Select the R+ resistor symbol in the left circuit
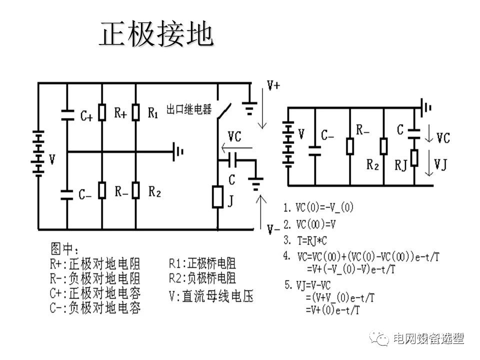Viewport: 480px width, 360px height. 101,113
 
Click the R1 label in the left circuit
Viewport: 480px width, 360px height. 153,113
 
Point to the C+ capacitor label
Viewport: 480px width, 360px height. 86,116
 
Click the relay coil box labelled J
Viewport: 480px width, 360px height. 217,196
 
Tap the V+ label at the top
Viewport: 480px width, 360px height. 273,85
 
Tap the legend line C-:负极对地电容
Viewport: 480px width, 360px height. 95,306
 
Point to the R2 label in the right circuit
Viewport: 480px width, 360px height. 372,164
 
